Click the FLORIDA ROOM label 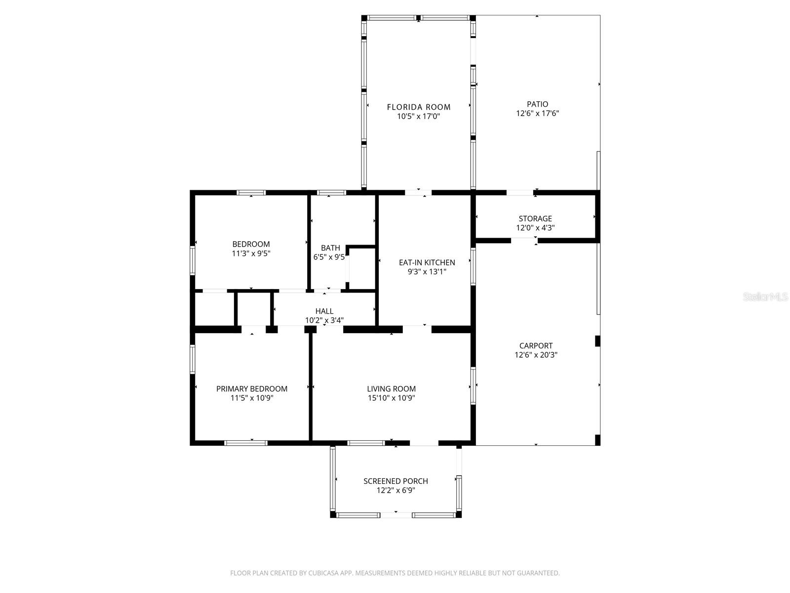click(x=419, y=107)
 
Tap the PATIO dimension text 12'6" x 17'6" click(x=537, y=113)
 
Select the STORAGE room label click(x=535, y=218)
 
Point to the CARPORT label click(x=536, y=346)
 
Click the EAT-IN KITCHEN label click(x=427, y=262)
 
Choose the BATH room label click(x=330, y=248)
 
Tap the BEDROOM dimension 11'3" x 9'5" click(x=251, y=254)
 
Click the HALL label click(x=324, y=311)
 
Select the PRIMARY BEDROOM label click(x=252, y=389)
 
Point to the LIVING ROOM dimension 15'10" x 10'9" click(x=392, y=398)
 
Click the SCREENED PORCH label click(x=395, y=481)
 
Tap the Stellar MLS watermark click(x=766, y=296)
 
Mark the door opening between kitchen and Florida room click(x=418, y=193)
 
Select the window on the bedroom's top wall click(x=251, y=193)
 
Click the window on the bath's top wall click(x=331, y=193)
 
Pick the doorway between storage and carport click(x=524, y=241)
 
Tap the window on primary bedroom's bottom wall click(x=246, y=443)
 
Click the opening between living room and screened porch click(x=424, y=443)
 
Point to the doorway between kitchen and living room click(x=417, y=329)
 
